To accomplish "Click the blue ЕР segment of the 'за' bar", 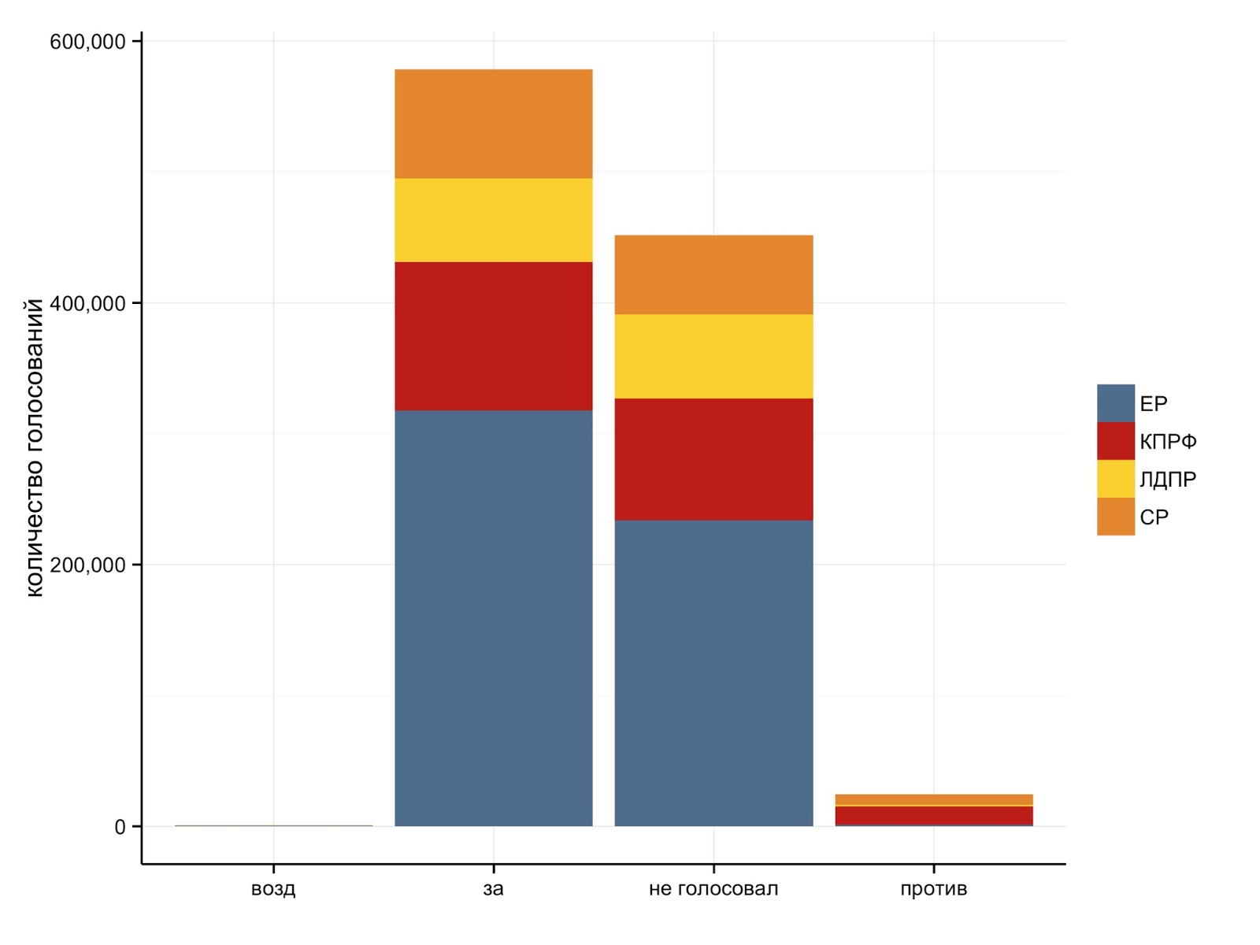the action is tap(493, 618).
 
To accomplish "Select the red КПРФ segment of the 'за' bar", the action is tap(493, 336).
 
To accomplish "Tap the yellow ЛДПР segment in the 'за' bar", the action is tap(493, 220).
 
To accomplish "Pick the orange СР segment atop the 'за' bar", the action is tap(493, 124).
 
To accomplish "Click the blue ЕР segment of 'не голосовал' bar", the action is tap(713, 673).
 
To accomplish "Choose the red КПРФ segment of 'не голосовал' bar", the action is tap(713, 459).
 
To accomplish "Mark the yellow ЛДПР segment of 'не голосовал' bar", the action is tap(713, 356).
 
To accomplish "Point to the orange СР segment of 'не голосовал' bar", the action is tap(713, 275).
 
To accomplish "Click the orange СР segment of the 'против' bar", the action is tap(934, 800).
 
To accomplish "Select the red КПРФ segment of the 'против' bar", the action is tap(934, 816).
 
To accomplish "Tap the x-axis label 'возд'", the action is tap(273, 889).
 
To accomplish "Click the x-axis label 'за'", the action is tap(493, 890).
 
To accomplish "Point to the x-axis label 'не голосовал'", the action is tap(713, 889).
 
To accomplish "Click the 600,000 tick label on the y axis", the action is tap(87, 42).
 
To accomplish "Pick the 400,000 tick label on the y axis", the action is tap(87, 303).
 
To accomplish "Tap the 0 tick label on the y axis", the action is tap(120, 827).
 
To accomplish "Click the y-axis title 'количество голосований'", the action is tap(35, 448).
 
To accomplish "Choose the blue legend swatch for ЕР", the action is tap(1115, 403).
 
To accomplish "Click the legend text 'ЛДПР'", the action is tap(1168, 479).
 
